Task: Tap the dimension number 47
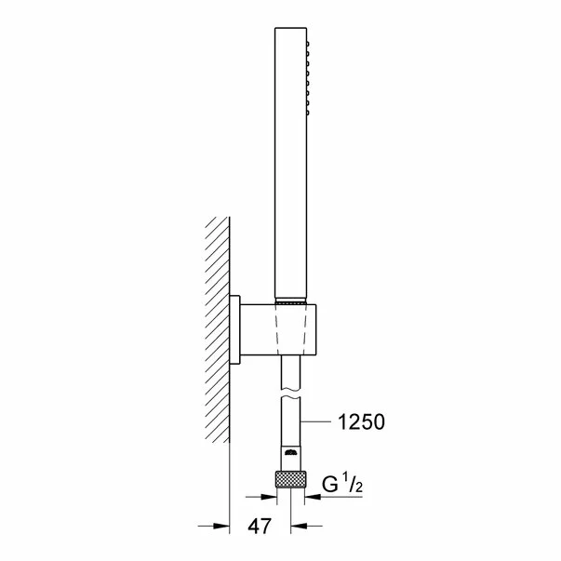click(260, 527)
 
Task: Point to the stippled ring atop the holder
click(291, 302)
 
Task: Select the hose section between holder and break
click(291, 373)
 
